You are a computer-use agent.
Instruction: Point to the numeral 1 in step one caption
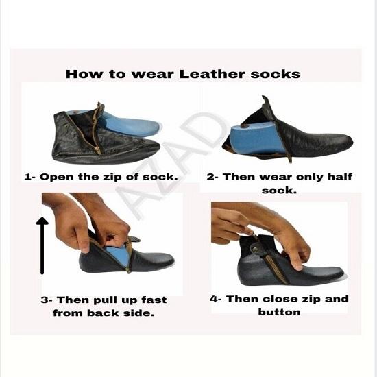[x=27, y=176]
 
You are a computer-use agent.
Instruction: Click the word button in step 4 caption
[x=279, y=311]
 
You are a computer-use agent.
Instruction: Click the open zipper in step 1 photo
[x=95, y=130]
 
